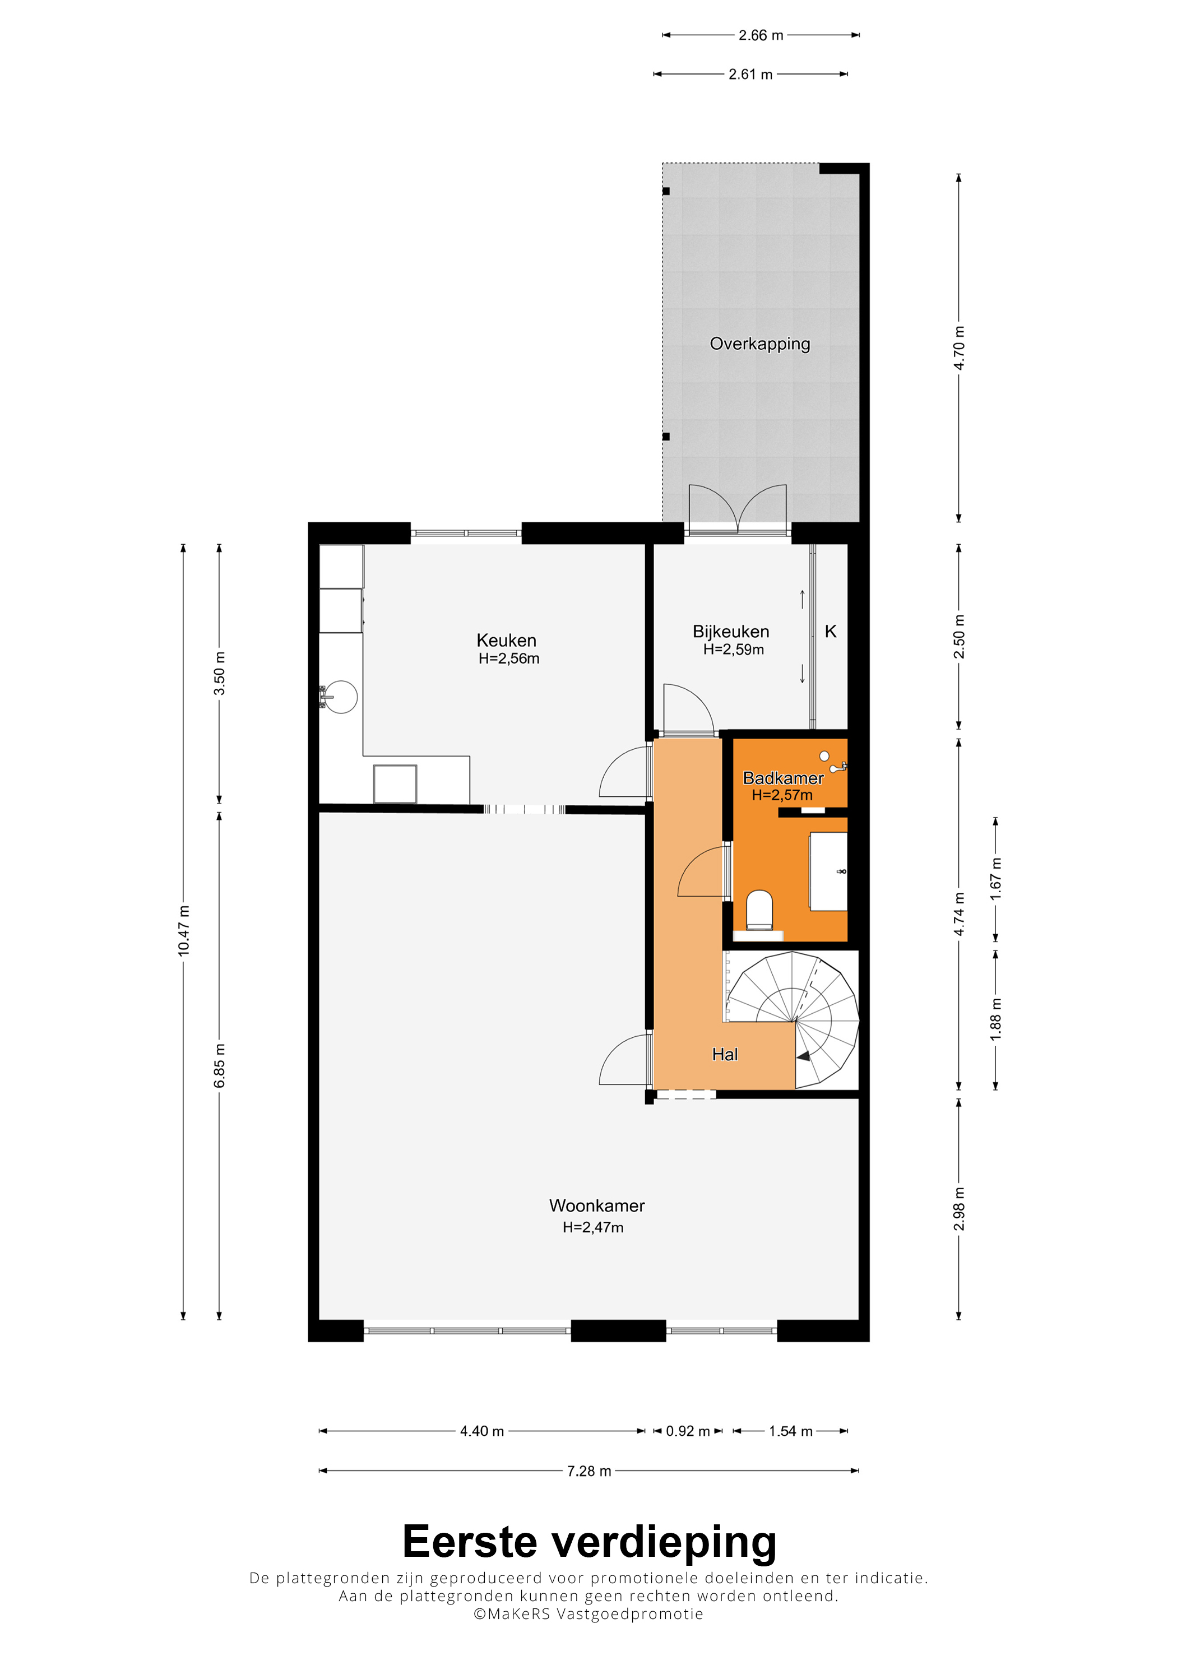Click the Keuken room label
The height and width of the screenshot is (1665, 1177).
tap(506, 641)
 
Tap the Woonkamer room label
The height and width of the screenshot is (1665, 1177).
tap(597, 1205)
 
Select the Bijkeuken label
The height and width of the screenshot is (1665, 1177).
tap(731, 632)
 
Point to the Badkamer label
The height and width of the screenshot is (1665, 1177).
tap(783, 778)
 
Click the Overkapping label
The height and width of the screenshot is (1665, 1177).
tap(760, 344)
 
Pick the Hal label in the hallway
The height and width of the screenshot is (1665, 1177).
tap(725, 1054)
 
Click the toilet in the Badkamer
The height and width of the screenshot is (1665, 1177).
tap(759, 910)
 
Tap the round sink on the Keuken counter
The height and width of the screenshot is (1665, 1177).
tap(340, 698)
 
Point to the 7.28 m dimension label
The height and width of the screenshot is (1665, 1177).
tap(589, 1471)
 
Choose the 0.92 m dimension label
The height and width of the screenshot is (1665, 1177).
tap(688, 1431)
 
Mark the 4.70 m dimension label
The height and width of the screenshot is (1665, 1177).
tap(959, 348)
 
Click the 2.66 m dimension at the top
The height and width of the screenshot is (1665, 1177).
tap(761, 35)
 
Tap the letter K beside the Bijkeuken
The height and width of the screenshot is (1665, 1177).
tap(831, 632)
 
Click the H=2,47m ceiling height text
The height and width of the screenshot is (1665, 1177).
tap(593, 1227)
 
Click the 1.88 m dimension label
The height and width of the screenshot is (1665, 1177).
tap(996, 1019)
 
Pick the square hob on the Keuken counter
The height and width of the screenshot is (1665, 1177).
tap(395, 784)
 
